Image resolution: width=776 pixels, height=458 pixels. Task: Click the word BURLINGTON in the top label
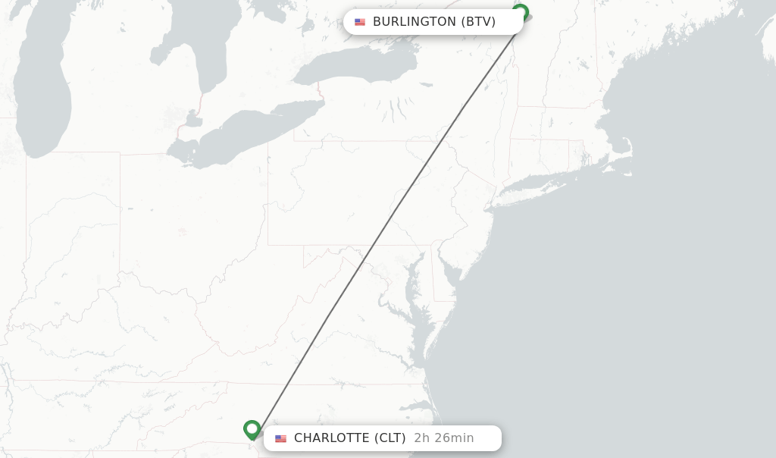414,22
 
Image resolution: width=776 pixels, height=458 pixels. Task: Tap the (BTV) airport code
478,22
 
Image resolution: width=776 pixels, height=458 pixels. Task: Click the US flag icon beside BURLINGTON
360,22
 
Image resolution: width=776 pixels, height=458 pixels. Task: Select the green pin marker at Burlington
520,13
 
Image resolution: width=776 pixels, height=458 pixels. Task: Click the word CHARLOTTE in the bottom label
332,438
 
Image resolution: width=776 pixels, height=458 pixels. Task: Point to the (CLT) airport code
390,438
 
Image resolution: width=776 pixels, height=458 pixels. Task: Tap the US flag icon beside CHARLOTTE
281,438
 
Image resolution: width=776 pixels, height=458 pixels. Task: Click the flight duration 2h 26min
443,438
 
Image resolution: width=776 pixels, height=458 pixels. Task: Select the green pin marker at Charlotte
252,429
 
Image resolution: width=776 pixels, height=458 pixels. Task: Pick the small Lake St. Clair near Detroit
194,120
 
